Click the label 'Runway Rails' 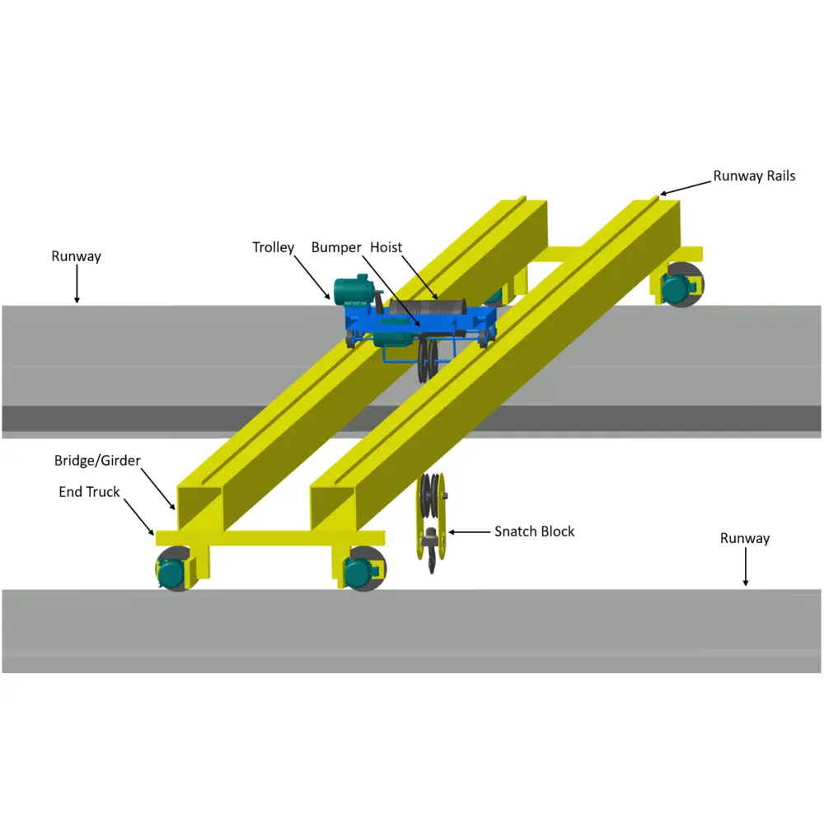click(x=754, y=176)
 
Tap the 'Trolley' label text click(x=273, y=247)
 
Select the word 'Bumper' click(x=336, y=247)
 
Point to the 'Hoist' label click(x=386, y=247)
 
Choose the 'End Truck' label click(x=89, y=492)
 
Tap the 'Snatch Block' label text click(x=534, y=531)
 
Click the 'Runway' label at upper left click(x=76, y=256)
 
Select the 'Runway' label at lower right click(x=745, y=538)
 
